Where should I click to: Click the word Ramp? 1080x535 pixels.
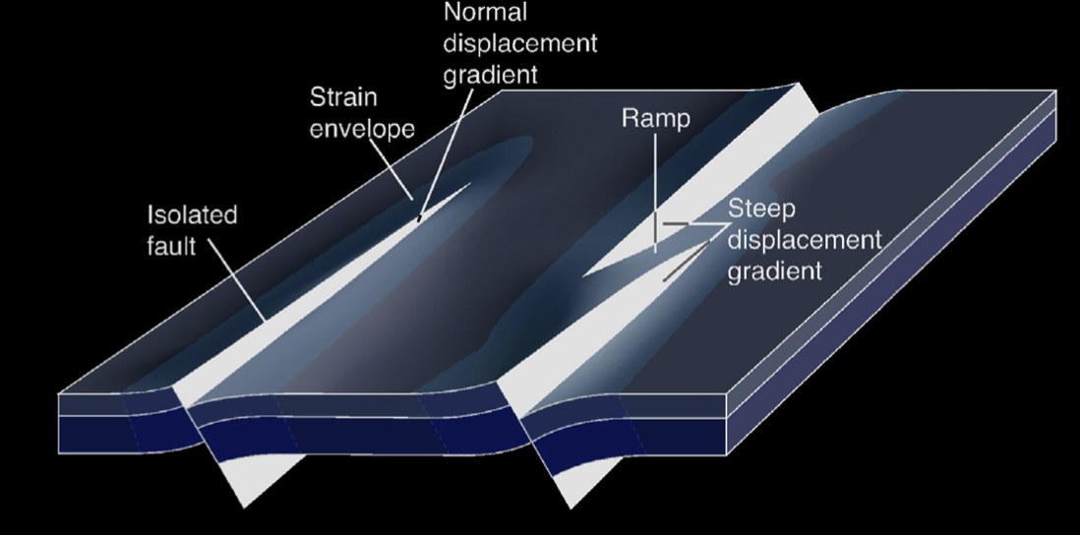(656, 119)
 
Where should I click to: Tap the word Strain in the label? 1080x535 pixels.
(344, 98)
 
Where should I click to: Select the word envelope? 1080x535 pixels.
(363, 130)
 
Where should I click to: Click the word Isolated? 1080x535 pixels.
(193, 215)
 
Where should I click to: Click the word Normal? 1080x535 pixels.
(485, 13)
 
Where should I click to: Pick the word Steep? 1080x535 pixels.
(761, 209)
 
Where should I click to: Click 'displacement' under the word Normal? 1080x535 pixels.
(520, 44)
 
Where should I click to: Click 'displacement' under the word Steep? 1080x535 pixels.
(805, 240)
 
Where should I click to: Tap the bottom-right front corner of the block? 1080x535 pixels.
(727, 455)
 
